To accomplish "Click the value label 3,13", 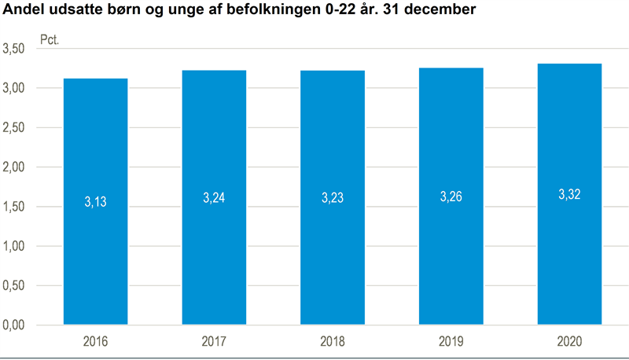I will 95,202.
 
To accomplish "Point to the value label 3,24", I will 214,198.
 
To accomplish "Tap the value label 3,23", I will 332,198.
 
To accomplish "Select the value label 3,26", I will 451,197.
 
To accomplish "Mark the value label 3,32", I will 569,194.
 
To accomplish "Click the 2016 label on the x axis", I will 95,342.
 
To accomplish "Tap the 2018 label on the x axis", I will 332,342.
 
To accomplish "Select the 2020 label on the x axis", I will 569,342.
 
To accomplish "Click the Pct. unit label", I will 50,38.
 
